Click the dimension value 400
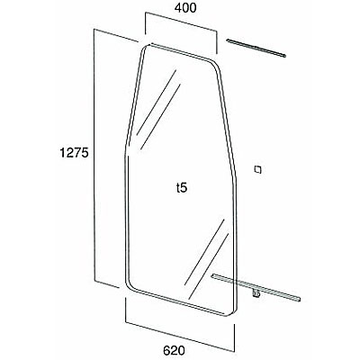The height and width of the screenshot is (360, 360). pos(185,8)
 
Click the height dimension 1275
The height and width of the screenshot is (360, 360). pos(74,153)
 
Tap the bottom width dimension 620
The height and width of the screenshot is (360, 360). pos(174,350)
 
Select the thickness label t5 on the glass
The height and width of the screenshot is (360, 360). pos(182,188)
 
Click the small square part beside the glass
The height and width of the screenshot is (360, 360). pos(257,169)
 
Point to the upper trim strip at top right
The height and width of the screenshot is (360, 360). pos(256,49)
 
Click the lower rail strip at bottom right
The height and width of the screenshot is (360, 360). pos(256,287)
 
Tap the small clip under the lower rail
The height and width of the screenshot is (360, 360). pos(256,294)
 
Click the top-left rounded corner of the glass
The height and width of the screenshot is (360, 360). pos(145,47)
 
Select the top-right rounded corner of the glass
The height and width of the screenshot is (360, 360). pos(215,64)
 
